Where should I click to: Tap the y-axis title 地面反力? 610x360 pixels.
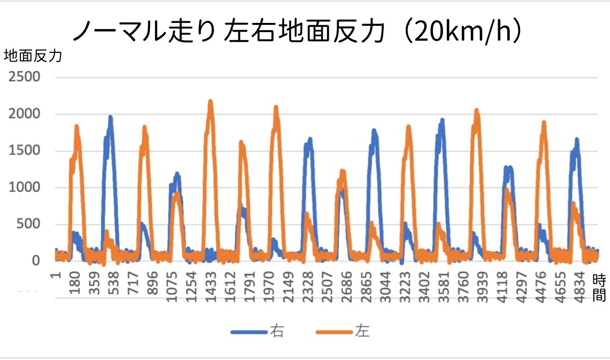33,56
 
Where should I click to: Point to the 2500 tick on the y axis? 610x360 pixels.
23,77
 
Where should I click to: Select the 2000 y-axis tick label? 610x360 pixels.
23,114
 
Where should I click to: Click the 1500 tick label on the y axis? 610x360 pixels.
23,151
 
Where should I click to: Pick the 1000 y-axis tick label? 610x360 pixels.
23,188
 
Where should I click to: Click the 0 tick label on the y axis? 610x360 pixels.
36,261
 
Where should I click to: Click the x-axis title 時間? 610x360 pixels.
599,288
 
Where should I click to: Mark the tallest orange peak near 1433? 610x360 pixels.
210,102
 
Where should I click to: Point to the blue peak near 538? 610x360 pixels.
110,117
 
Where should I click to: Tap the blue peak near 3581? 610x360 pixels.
442,121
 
